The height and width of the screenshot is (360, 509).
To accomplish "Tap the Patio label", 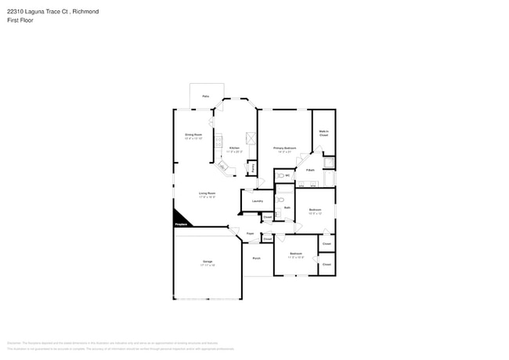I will [x=205, y=96].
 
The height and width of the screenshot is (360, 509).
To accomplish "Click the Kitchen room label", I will [x=234, y=147].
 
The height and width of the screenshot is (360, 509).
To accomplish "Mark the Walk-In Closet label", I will [x=323, y=134].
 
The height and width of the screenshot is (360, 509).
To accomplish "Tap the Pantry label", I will [x=252, y=167].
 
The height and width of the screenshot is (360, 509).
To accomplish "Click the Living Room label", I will [x=207, y=193].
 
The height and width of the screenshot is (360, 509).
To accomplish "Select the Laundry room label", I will [x=257, y=202].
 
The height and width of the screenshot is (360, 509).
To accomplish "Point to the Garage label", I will [x=208, y=261].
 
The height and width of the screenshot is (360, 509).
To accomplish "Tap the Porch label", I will [x=256, y=258].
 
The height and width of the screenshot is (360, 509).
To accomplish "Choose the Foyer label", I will [x=251, y=233].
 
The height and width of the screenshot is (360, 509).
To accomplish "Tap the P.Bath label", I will [x=311, y=170].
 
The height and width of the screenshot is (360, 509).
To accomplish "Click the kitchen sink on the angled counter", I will [x=222, y=167].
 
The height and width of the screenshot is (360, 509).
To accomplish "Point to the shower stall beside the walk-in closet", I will [x=330, y=164].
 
